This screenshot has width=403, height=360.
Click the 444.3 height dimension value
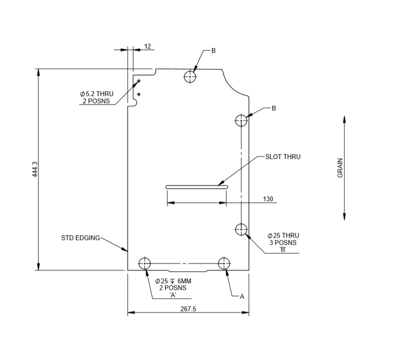35,169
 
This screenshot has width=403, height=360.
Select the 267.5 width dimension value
188,309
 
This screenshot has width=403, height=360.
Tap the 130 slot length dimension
268,199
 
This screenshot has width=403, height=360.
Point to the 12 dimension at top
148,46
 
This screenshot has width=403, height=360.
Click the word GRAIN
340,168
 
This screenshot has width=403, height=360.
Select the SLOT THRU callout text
283,156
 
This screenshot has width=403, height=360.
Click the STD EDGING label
81,238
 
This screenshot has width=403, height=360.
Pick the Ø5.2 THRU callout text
96,94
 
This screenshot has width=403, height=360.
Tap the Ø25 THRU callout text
283,236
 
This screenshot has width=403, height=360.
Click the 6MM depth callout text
184,281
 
